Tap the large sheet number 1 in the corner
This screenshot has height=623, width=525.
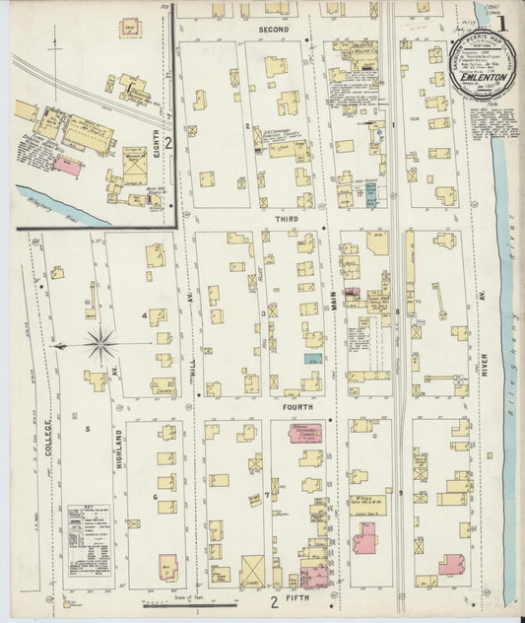tap(502, 22)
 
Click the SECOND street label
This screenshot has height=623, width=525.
tap(273, 31)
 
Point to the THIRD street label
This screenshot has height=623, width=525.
tap(287, 220)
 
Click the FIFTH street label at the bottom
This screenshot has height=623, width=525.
tap(293, 596)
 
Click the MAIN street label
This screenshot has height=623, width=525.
tap(333, 293)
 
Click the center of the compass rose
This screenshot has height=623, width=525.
tap(100, 345)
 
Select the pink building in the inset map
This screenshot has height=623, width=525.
tap(67, 166)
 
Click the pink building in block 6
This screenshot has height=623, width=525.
tap(168, 569)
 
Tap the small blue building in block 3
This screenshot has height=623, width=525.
tap(313, 359)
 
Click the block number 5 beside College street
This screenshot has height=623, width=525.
tap(87, 429)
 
